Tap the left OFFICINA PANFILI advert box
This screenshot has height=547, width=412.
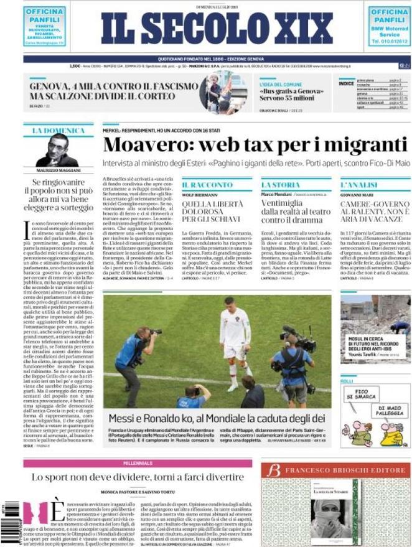45,26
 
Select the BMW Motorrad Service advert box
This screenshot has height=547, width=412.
389,26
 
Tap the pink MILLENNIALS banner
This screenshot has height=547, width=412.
138,464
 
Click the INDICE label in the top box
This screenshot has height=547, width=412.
347,83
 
